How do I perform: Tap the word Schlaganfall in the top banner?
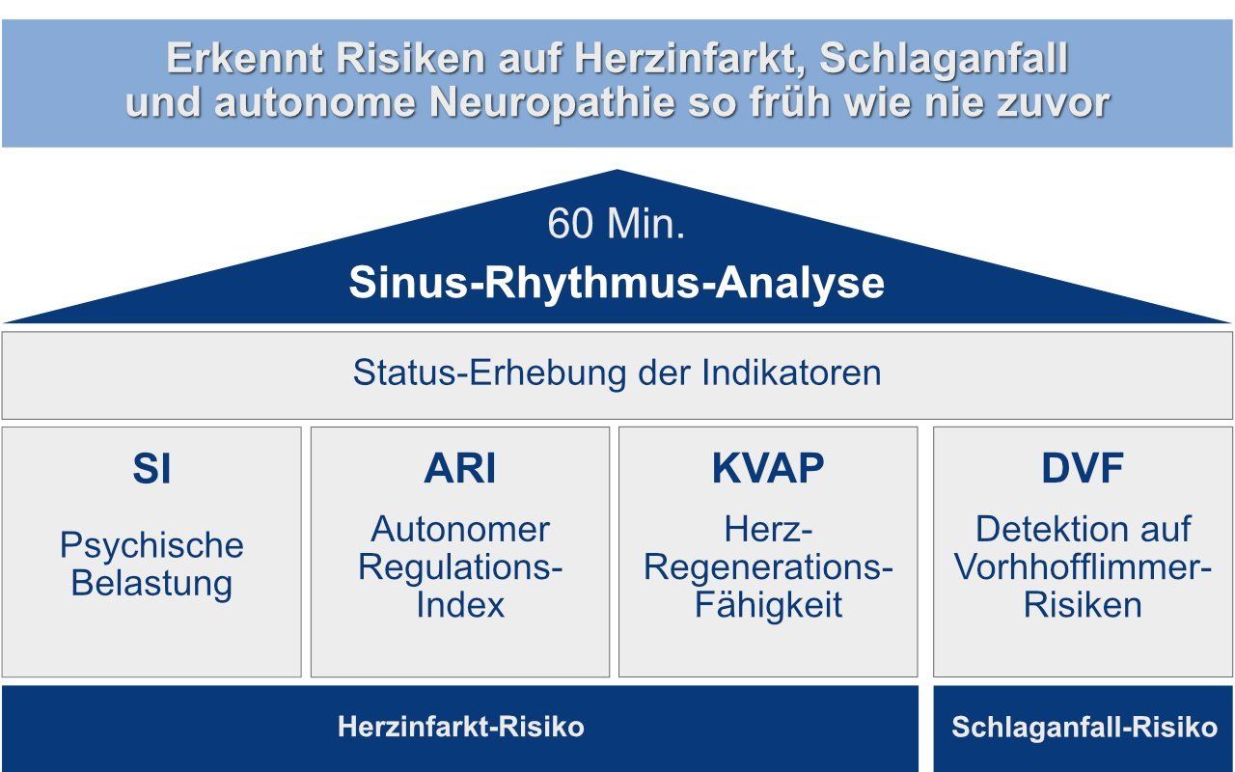point(944,60)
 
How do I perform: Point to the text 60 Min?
point(617,223)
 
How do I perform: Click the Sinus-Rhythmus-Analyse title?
point(617,283)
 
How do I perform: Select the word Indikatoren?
point(791,372)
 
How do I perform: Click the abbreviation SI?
point(151,468)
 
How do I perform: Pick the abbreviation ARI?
point(460,468)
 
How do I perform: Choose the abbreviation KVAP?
point(768,468)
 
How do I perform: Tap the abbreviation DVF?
point(1083,468)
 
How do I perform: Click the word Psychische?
point(151,546)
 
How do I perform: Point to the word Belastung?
point(151,584)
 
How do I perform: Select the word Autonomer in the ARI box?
point(460,530)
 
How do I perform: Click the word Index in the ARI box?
point(460,605)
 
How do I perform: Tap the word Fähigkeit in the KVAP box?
point(768,605)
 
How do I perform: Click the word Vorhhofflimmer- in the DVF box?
point(1083,567)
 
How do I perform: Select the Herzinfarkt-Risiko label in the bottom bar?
point(461,727)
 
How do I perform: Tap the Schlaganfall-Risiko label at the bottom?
point(1084,728)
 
